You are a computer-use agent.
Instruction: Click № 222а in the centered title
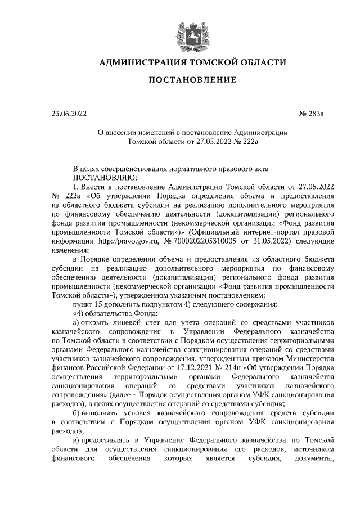[x=245, y=142]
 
